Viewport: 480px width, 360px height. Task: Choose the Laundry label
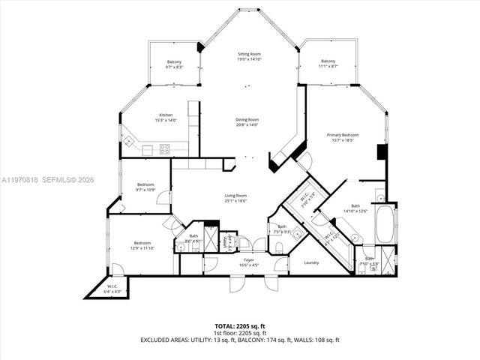tap(312, 262)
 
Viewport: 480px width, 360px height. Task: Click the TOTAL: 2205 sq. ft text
tap(240, 325)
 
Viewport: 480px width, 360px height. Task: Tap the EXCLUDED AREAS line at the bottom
tap(240, 340)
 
